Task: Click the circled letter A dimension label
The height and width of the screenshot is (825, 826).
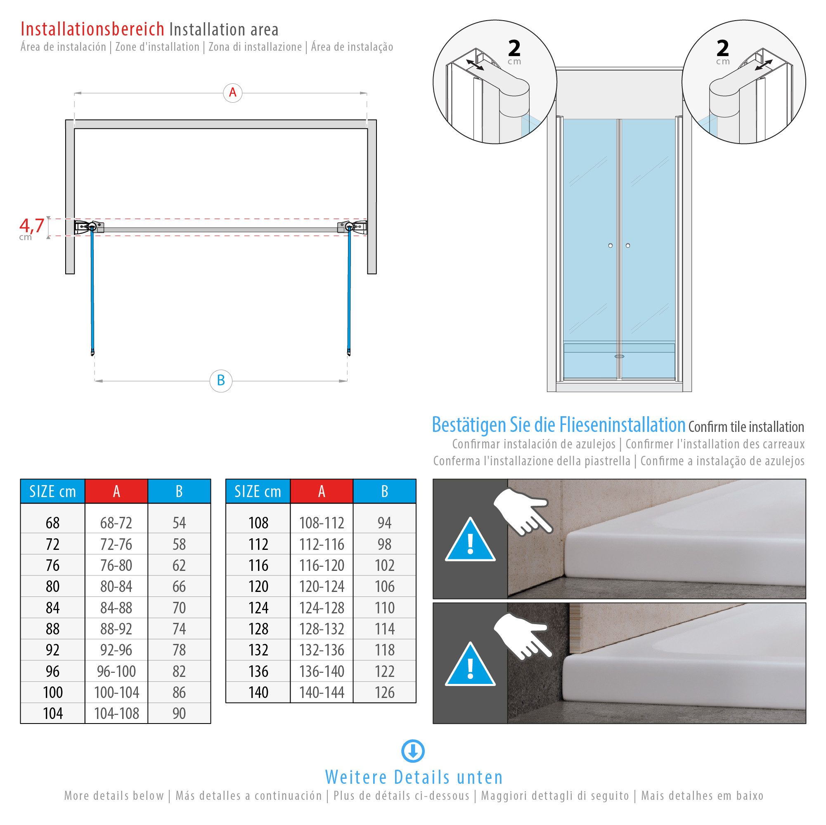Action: [x=232, y=93]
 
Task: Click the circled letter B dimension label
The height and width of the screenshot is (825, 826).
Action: [x=220, y=380]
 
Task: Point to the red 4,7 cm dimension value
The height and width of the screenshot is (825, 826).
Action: [x=32, y=226]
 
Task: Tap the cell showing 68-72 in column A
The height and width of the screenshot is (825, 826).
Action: [x=116, y=523]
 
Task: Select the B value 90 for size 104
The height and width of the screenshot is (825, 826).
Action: [x=179, y=713]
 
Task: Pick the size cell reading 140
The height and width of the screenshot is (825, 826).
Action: [x=258, y=692]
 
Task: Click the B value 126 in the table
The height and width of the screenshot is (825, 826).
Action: [x=384, y=692]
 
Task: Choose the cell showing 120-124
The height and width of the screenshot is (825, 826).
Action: [x=322, y=587]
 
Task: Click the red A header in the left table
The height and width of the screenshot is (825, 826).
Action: [x=116, y=491]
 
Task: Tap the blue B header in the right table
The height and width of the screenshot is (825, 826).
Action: [x=384, y=491]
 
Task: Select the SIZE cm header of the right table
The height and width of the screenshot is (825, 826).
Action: [x=258, y=491]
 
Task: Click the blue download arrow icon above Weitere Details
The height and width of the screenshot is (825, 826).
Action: [x=413, y=752]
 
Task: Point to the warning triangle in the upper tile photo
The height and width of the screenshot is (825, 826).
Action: [x=470, y=542]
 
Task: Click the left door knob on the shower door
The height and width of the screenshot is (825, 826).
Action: [x=610, y=246]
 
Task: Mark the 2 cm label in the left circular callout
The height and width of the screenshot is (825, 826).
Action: [x=514, y=51]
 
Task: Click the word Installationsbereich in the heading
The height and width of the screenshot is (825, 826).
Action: [x=92, y=29]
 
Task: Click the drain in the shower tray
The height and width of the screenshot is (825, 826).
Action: [x=619, y=356]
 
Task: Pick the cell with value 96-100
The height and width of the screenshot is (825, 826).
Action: [x=116, y=671]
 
